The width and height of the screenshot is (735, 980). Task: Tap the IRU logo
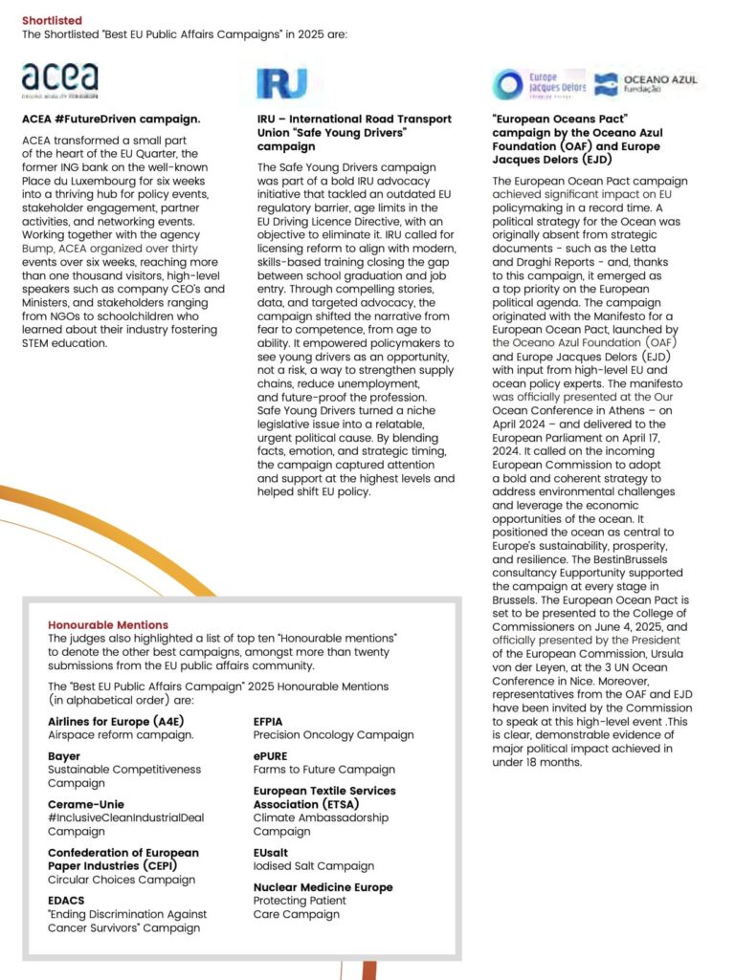[282, 83]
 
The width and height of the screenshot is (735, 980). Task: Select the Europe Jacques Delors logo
[539, 84]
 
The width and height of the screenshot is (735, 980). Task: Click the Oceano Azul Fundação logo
[646, 84]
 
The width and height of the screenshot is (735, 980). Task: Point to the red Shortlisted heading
[52, 20]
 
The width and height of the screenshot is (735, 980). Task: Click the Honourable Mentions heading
[108, 624]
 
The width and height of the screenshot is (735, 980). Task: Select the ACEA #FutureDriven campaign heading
[111, 120]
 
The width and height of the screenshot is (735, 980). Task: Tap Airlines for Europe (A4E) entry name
[112, 721]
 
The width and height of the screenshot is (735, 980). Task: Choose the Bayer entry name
[64, 755]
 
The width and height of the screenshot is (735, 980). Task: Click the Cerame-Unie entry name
[86, 804]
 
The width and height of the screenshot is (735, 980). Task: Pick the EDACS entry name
[67, 901]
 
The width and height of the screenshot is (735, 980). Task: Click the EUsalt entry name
[271, 852]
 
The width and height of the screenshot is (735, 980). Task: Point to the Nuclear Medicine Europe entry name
[323, 887]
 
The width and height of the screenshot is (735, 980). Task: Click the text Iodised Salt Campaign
[313, 866]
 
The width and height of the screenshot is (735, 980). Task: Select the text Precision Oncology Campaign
[333, 735]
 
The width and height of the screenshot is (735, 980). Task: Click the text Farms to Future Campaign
[323, 770]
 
